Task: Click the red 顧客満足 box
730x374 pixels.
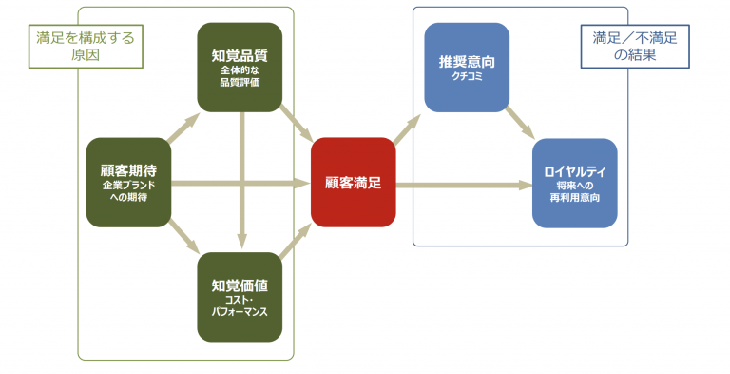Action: click(x=353, y=182)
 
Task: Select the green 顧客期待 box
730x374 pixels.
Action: click(x=128, y=182)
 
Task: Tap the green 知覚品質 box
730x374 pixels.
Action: click(x=240, y=67)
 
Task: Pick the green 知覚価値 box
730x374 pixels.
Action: click(x=240, y=296)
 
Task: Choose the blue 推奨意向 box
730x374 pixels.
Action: click(x=467, y=67)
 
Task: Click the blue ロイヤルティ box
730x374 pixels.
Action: click(x=574, y=182)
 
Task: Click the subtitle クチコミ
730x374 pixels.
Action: click(x=467, y=77)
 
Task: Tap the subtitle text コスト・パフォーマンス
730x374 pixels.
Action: click(x=240, y=305)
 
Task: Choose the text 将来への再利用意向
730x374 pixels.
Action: click(x=574, y=191)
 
